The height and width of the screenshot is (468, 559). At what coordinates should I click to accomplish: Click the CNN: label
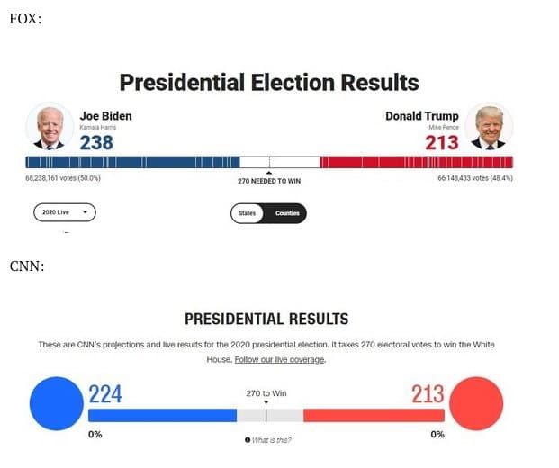(26, 265)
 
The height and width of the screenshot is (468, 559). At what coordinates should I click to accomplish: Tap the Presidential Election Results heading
(269, 83)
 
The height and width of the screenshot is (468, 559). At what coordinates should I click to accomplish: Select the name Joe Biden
(105, 116)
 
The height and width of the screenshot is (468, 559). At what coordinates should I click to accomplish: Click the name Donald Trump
(421, 116)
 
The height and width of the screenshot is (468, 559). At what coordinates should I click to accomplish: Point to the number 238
(96, 142)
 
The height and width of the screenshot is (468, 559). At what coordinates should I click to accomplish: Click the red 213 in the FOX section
(441, 142)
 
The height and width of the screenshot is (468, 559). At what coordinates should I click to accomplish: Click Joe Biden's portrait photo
(50, 126)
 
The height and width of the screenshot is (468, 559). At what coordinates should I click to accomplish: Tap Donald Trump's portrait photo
(490, 126)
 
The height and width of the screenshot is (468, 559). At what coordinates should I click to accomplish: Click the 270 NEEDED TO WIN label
(269, 181)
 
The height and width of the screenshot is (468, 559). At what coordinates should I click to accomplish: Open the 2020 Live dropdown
(64, 213)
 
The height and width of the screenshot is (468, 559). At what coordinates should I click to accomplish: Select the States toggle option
(248, 213)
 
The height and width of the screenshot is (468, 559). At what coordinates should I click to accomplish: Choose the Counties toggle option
(287, 213)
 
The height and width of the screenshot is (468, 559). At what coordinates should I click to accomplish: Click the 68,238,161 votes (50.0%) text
(63, 178)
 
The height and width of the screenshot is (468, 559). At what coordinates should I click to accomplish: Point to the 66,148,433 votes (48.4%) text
(475, 178)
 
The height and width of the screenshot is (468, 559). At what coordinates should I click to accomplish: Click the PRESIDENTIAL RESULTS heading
(266, 319)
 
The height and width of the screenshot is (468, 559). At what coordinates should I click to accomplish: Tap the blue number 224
(105, 394)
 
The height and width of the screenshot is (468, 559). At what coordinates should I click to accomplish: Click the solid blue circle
(56, 402)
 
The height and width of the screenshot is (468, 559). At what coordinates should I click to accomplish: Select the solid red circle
(476, 402)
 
